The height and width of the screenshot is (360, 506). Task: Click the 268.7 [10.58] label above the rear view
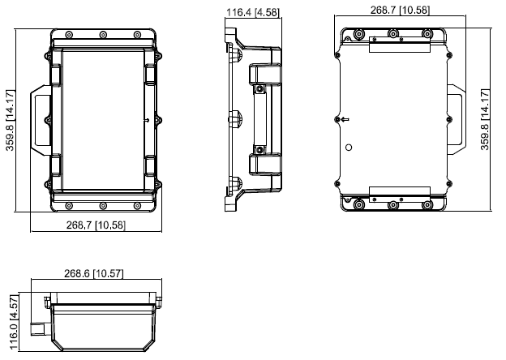coord(393,11)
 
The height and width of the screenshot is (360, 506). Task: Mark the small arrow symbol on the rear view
coord(345,119)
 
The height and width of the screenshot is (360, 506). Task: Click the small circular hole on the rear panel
coord(349,148)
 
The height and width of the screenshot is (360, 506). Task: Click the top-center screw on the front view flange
coord(103,35)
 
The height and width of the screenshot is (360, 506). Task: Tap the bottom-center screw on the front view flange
coord(103,205)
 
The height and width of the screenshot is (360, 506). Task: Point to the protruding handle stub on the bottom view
coord(38,330)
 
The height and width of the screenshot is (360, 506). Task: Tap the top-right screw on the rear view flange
coord(427,34)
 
